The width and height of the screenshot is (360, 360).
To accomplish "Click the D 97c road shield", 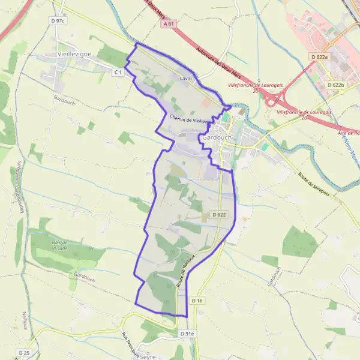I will point(58,20).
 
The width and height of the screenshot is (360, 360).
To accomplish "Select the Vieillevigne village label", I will point(74,53).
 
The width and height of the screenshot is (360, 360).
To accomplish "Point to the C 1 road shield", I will point(118,72).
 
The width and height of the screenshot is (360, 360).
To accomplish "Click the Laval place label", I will point(185,79).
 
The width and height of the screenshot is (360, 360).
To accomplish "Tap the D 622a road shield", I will point(320,56).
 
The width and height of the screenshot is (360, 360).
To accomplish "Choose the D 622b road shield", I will point(336,85).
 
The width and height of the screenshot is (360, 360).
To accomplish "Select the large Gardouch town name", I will point(217,137).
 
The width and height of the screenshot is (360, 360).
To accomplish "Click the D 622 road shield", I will point(219,214).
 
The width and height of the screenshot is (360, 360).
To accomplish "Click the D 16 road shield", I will point(198,300).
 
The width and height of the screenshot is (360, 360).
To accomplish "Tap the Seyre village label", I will point(147,356).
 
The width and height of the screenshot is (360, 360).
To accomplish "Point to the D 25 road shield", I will point(24,352).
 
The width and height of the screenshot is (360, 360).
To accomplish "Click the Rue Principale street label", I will point(130,344).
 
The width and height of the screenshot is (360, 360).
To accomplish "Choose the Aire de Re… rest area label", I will point(348,133).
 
